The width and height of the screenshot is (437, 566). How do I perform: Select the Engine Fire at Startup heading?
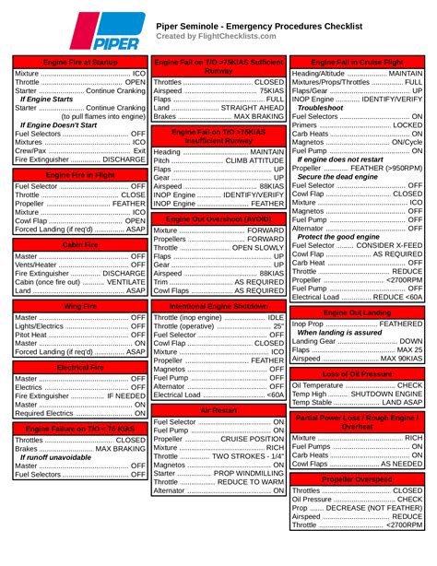80,61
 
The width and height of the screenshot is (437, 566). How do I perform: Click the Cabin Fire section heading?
80,245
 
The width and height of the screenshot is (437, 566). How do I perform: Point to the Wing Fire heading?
80,305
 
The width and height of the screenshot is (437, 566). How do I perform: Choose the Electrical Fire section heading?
80,367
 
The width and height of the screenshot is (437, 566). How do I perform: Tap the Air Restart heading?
218,409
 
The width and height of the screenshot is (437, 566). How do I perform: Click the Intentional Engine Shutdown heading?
218,305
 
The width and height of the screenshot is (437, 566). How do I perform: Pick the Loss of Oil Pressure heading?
357,373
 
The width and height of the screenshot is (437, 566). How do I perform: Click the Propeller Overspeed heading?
357,479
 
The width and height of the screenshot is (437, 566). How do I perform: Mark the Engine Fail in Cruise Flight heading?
357,61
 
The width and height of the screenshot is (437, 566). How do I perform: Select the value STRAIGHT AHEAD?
250,107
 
